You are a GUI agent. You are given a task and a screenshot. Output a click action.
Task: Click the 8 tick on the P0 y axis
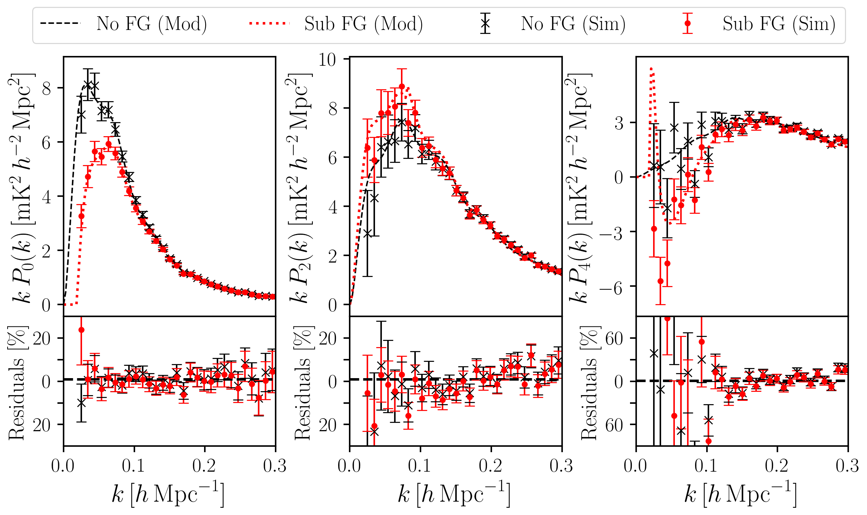47,88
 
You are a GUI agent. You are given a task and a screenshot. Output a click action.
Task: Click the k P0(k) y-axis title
22,188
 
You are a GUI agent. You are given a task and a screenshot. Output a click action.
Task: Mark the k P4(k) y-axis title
579,188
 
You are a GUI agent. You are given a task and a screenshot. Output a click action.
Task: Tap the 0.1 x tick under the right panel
706,466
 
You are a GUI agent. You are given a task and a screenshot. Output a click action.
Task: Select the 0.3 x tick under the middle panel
561,466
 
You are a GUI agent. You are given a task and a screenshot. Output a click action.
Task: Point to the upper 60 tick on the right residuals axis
614,339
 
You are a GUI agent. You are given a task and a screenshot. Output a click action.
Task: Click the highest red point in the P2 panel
402,87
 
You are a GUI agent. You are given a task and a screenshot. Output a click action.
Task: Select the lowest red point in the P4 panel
660,281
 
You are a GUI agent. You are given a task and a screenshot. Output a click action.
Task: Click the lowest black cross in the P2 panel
367,234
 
